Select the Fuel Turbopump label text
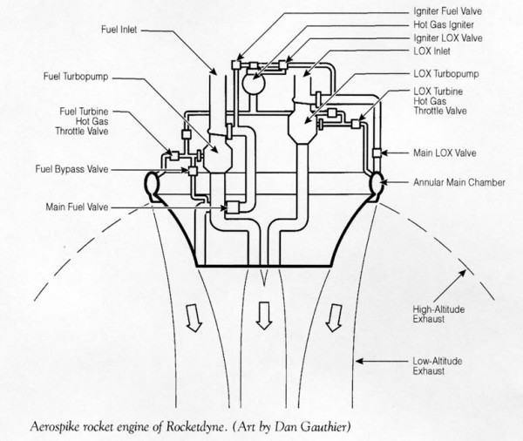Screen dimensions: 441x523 pyautogui.click(x=77, y=75)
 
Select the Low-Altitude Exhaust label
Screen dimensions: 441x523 pyautogui.click(x=441, y=365)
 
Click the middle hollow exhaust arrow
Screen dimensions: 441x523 pyautogui.click(x=261, y=316)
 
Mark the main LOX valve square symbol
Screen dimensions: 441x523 pyautogui.click(x=377, y=153)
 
